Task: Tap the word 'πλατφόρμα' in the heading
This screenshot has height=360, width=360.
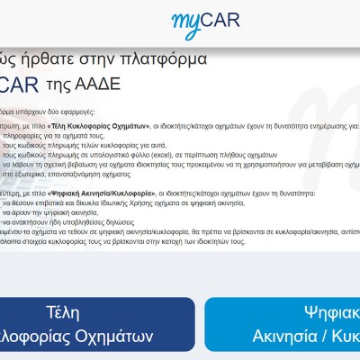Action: (164, 59)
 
